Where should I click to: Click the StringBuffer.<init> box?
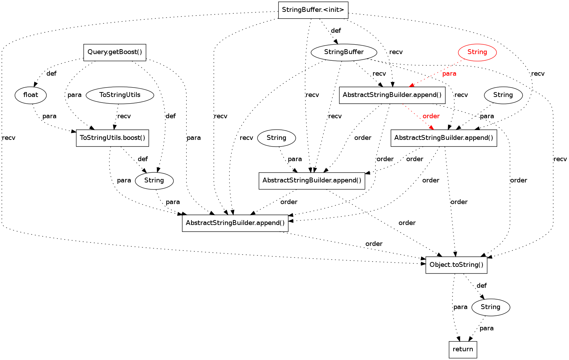tap(313, 10)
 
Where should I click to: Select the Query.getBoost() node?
tap(115, 52)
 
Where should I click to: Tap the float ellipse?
tap(31, 95)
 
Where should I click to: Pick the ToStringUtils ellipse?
tap(120, 95)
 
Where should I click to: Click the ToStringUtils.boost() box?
tap(113, 138)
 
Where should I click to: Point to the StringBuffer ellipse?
tap(344, 52)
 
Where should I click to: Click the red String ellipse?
tap(477, 52)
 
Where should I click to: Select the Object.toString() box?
tap(456, 265)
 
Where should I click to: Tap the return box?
tap(463, 350)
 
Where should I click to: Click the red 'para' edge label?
tap(449, 74)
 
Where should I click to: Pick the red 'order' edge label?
tap(431, 116)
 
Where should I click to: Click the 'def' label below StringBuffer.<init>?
tap(336, 31)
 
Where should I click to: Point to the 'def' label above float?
tap(51, 74)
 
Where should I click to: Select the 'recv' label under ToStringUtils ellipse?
tap(124, 116)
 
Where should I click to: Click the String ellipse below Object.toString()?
tap(491, 307)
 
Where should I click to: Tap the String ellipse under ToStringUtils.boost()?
tap(154, 180)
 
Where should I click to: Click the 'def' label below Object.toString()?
tap(481, 286)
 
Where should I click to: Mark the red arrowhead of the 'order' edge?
tap(432, 128)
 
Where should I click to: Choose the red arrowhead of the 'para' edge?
tap(411, 85)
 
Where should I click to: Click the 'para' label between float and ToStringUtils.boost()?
tap(49, 116)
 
